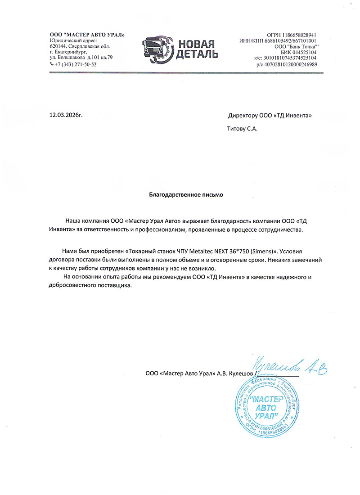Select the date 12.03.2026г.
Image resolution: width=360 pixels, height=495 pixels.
tap(66, 115)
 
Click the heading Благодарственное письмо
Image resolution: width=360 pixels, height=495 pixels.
tap(186, 195)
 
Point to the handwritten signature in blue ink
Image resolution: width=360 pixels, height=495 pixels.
tap(288, 366)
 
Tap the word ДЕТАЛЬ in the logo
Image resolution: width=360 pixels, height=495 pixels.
tap(197, 54)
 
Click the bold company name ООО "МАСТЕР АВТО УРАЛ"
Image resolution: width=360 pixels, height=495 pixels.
tap(87, 35)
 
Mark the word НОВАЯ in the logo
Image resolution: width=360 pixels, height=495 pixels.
tap(196, 44)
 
